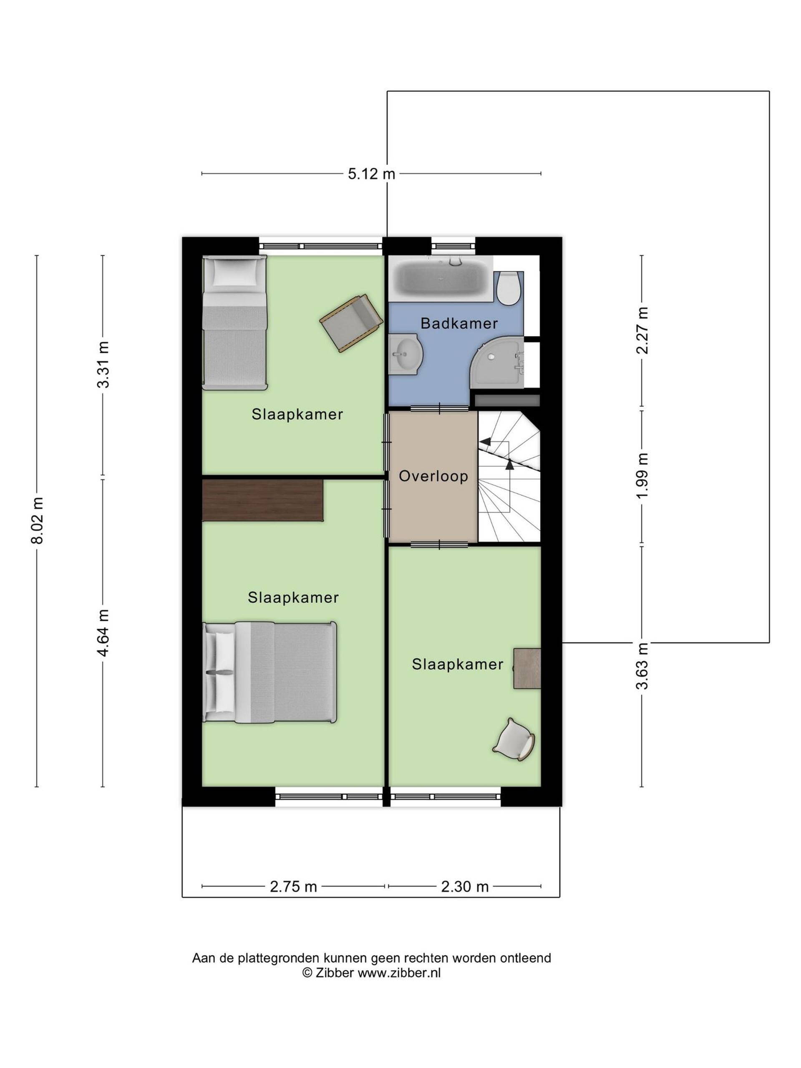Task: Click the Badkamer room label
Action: click(458, 323)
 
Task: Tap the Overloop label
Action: click(433, 476)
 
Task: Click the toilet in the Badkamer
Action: click(509, 288)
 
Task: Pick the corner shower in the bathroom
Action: click(497, 362)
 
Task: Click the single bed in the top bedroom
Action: click(234, 322)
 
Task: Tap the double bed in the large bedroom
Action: click(270, 672)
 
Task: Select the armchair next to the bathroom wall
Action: click(352, 323)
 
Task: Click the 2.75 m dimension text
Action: click(293, 887)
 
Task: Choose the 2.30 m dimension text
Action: click(464, 887)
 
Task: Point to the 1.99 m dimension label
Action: click(642, 476)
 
